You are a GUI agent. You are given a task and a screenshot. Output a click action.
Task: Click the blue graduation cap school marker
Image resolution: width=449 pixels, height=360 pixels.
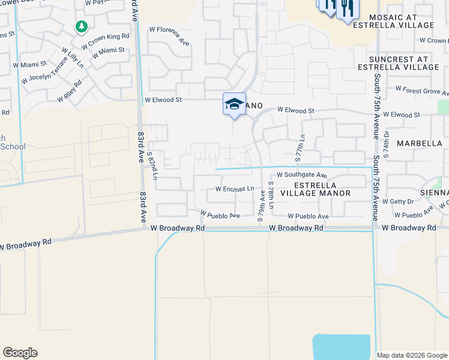[234, 104]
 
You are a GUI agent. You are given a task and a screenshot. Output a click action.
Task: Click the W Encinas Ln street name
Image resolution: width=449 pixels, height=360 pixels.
[235, 188]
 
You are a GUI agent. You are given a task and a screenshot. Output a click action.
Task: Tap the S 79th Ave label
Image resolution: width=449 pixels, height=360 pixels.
[261, 205]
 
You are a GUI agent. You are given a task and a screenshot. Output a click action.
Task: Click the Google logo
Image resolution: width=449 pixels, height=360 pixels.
[20, 353]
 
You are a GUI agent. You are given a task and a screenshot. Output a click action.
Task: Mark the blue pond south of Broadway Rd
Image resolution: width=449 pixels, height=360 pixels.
[341, 347]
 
